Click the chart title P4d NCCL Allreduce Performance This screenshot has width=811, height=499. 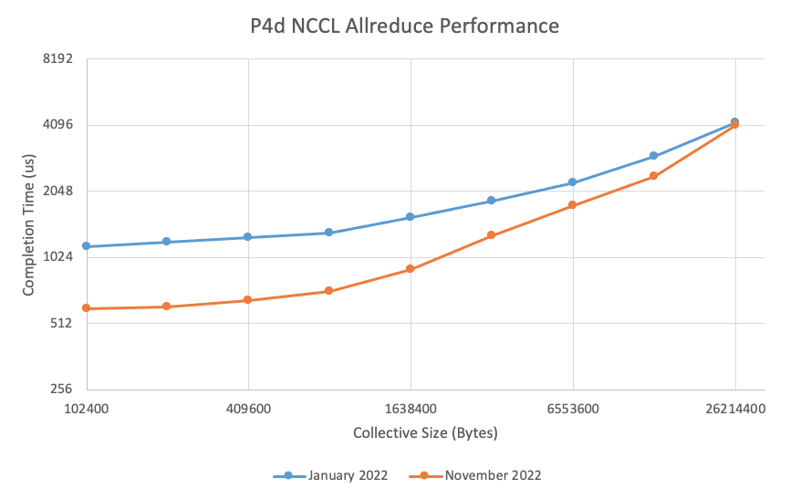click(x=405, y=26)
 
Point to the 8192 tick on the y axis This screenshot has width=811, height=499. click(x=57, y=59)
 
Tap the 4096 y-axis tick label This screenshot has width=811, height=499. click(x=57, y=125)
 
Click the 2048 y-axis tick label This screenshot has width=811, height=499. click(x=57, y=191)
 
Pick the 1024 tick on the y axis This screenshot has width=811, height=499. click(x=57, y=256)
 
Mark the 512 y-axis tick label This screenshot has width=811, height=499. click(x=61, y=322)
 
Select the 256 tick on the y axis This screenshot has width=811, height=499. click(x=61, y=388)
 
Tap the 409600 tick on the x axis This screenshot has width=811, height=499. click(x=248, y=409)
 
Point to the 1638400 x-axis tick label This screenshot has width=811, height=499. click(x=411, y=409)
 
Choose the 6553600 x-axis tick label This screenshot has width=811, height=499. click(x=573, y=409)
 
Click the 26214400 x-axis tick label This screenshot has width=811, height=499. click(x=735, y=409)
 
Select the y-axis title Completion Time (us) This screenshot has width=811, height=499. click(x=29, y=224)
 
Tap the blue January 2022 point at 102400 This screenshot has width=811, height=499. click(x=86, y=246)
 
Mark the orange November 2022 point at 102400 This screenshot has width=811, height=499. click(x=86, y=308)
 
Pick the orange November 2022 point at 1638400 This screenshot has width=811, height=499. click(x=411, y=269)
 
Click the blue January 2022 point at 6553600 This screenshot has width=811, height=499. click(x=573, y=182)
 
